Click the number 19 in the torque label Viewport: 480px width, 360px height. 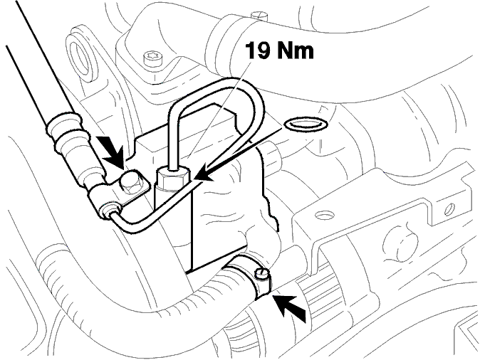click(x=258, y=51)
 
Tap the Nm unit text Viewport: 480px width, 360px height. click(x=296, y=51)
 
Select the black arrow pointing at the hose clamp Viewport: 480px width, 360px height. click(x=291, y=307)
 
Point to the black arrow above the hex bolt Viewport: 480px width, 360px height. click(x=113, y=151)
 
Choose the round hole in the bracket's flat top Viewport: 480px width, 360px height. click(x=323, y=216)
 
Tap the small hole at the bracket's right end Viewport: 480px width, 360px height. click(x=449, y=208)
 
